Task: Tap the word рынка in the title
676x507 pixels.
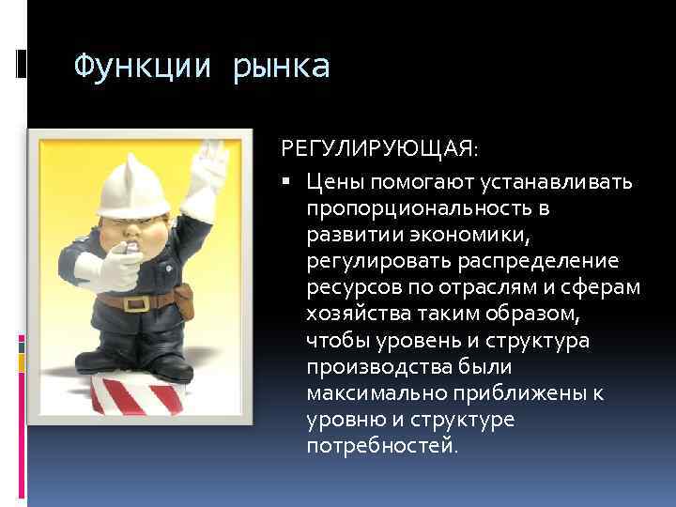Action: pos(282,68)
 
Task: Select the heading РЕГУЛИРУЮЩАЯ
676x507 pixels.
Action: pos(378,150)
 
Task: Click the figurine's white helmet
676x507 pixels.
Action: pos(131,183)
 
